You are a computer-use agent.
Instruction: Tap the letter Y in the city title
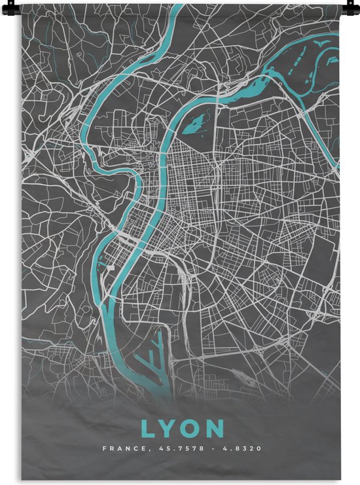tap(169, 429)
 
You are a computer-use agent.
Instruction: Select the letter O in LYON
tap(191, 429)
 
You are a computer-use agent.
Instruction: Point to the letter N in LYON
tap(215, 429)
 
